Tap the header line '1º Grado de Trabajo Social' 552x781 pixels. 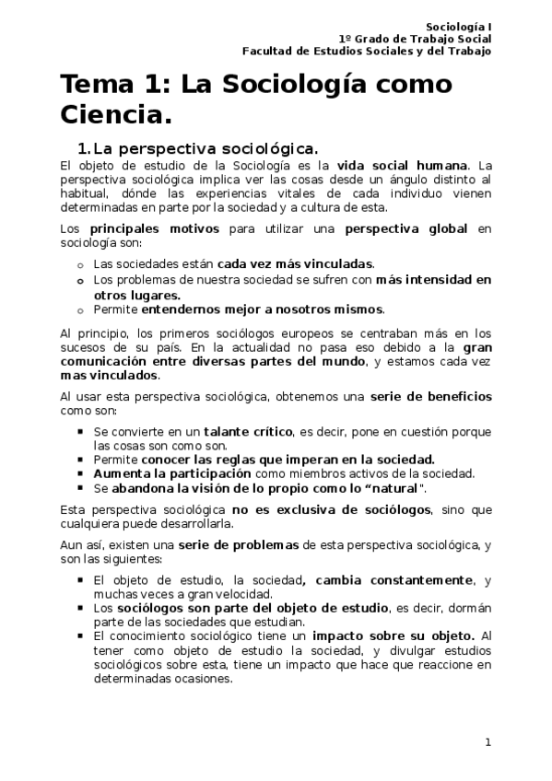click(x=415, y=39)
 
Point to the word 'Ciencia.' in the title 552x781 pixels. click(x=116, y=116)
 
